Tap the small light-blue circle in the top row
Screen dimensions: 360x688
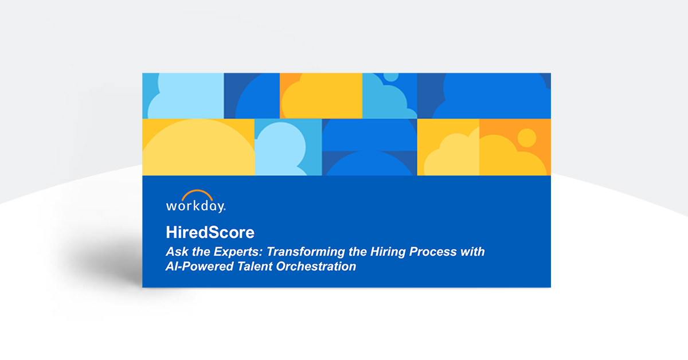point(392,76)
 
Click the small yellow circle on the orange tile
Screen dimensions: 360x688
point(526,137)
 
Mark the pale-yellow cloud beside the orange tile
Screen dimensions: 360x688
point(453,155)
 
